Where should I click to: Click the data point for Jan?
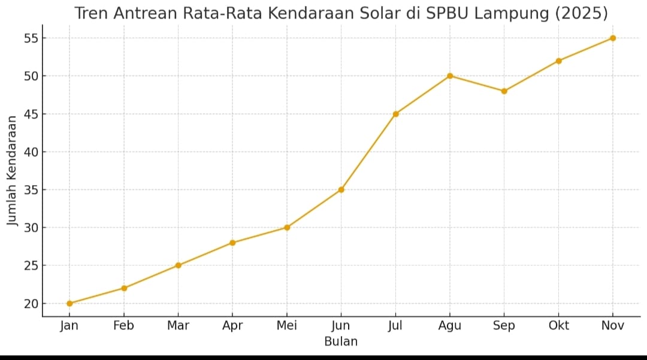coord(69,303)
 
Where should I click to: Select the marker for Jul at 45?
coord(395,114)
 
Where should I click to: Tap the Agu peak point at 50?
coord(450,76)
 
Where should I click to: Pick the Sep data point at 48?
coord(504,91)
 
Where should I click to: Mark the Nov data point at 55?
coord(612,38)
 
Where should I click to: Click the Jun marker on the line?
coord(341,189)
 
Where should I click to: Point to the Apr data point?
coord(232,243)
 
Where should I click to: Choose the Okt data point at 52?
coord(558,60)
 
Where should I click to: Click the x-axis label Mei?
coord(287,326)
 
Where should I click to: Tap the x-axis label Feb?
coord(124,326)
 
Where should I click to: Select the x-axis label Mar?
coord(178,326)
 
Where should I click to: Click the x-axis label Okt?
coord(558,326)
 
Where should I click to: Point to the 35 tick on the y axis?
coord(31,190)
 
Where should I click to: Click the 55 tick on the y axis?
coord(31,38)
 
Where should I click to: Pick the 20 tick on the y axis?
coord(31,304)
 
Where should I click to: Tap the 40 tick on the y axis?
coord(31,152)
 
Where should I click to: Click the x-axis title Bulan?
coord(341,342)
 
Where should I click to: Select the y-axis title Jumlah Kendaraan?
coord(12,171)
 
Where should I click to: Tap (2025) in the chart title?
coord(581,13)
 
